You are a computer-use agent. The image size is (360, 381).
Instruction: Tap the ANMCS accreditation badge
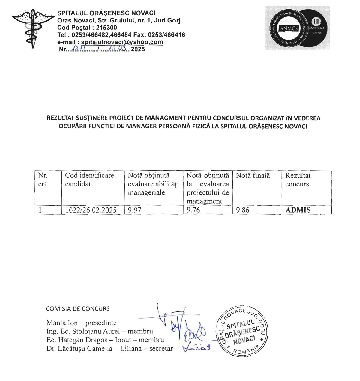pos(297,28)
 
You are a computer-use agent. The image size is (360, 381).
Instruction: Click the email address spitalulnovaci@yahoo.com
pos(122,42)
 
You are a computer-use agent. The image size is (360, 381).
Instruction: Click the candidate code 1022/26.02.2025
pos(91,210)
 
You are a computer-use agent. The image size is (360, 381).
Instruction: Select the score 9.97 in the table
pos(135,210)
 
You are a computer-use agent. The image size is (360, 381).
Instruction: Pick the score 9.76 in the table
pos(193,210)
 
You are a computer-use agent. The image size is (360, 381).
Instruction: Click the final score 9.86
pos(243,210)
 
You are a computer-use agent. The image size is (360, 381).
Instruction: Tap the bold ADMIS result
pos(298,210)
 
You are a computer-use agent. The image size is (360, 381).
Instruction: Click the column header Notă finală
pos(253,176)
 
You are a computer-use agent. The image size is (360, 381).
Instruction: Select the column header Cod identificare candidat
pos(89,180)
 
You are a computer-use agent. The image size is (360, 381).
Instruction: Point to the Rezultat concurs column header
pos(298,180)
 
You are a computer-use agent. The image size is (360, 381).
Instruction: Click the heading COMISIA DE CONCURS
pos(78,309)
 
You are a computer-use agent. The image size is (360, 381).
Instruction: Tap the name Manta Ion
pos(62,323)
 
